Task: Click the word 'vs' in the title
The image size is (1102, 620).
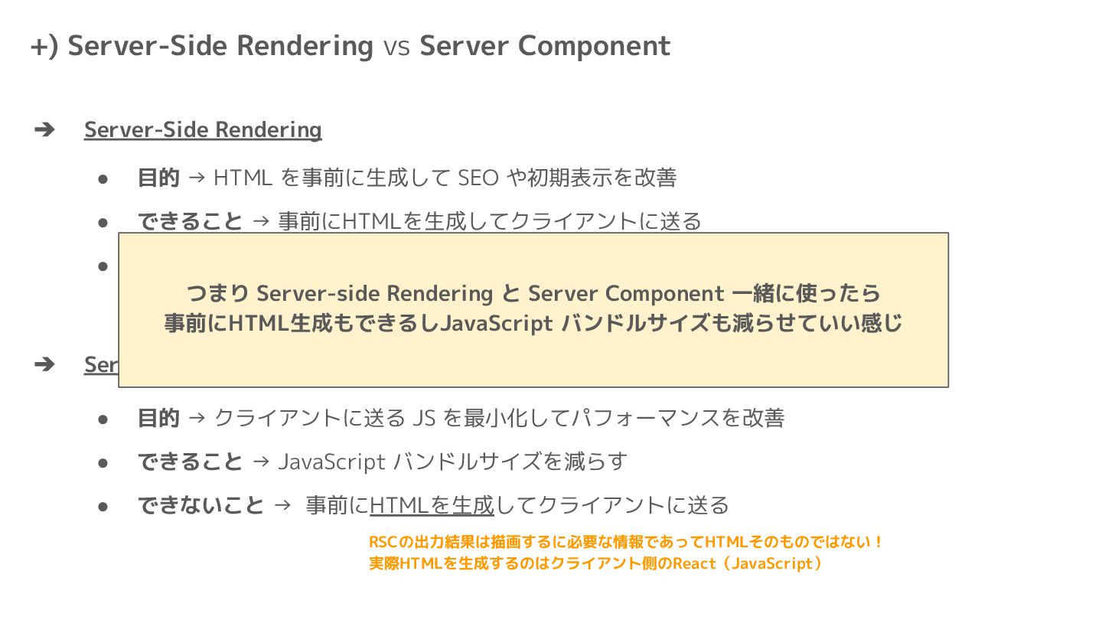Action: [x=396, y=47]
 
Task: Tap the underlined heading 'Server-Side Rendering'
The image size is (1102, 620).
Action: [x=203, y=130]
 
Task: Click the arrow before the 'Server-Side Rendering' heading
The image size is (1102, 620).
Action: [x=44, y=130]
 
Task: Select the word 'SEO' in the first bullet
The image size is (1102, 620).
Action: [x=478, y=178]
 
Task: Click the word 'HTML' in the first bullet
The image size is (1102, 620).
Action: [x=243, y=178]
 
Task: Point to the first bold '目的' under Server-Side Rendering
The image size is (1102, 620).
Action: [x=158, y=178]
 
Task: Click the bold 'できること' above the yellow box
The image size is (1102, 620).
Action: [x=190, y=222]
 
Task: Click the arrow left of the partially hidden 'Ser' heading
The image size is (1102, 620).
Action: [x=44, y=364]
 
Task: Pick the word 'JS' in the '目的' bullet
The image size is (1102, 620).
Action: [x=424, y=419]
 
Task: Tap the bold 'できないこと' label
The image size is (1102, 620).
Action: [x=201, y=506]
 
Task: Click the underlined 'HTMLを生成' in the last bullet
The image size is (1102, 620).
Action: [x=432, y=506]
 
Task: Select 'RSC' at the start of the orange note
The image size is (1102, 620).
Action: [x=381, y=543]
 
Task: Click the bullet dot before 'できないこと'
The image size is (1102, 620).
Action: [x=103, y=507]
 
